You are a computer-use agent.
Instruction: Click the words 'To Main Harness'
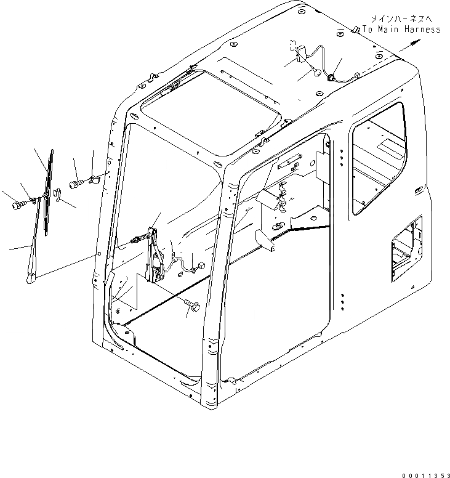(x=401, y=29)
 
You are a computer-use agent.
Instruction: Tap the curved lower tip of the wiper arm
(x=30, y=281)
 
